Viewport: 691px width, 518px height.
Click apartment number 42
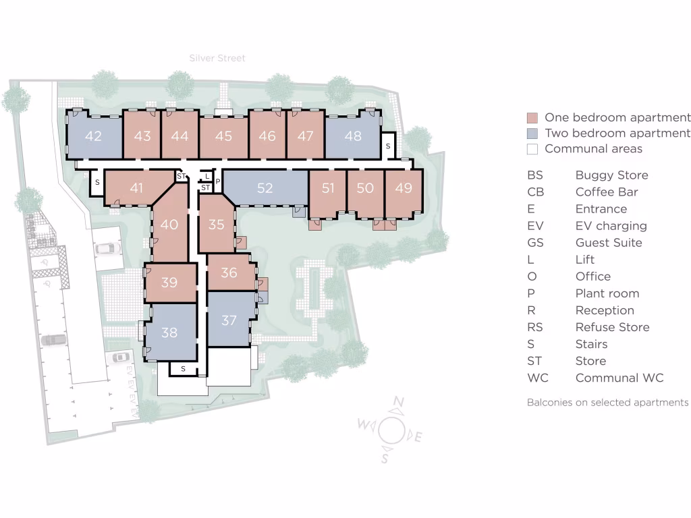pyautogui.click(x=94, y=136)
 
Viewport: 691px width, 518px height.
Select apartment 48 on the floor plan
pyautogui.click(x=353, y=136)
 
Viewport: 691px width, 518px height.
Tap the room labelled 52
pyautogui.click(x=265, y=188)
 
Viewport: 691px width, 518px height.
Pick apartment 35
pyautogui.click(x=216, y=224)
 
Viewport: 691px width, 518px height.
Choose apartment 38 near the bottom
pyautogui.click(x=169, y=331)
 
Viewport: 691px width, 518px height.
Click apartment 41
pyautogui.click(x=136, y=188)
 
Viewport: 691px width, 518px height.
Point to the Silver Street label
pyautogui.click(x=217, y=59)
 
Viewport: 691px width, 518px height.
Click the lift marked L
pyautogui.click(x=206, y=176)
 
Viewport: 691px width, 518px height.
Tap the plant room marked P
pyautogui.click(x=217, y=181)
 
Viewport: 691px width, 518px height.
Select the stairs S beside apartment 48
pyautogui.click(x=388, y=146)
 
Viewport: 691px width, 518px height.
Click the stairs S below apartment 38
pyautogui.click(x=182, y=368)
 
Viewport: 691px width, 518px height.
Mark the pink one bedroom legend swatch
pyautogui.click(x=532, y=117)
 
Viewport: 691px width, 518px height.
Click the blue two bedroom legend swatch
pyautogui.click(x=532, y=134)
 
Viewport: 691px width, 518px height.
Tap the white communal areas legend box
pyautogui.click(x=532, y=149)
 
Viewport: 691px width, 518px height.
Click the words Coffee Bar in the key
pyautogui.click(x=606, y=192)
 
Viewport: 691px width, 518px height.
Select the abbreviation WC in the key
pyautogui.click(x=538, y=378)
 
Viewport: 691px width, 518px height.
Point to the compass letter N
pyautogui.click(x=398, y=404)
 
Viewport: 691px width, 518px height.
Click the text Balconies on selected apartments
pyautogui.click(x=607, y=402)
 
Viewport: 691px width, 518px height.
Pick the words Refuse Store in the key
pyautogui.click(x=612, y=327)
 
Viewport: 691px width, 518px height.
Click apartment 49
pyautogui.click(x=404, y=188)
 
